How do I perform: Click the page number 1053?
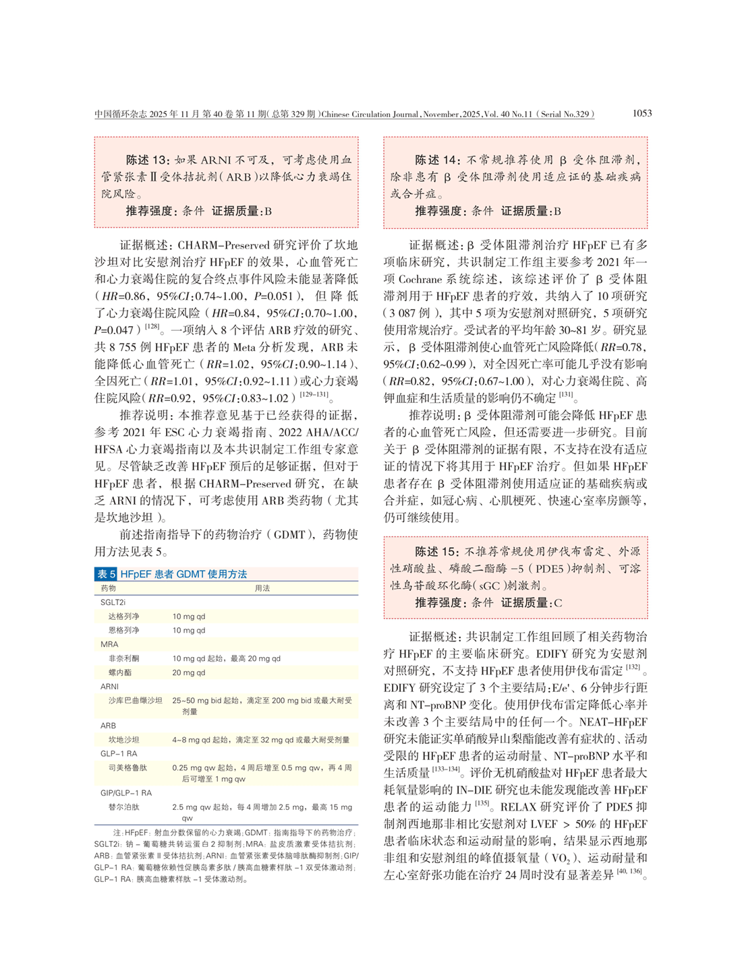pos(641,113)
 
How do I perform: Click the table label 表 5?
pos(106,574)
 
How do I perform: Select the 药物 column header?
pos(109,588)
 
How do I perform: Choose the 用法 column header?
pos(262,588)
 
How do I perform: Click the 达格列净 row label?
pos(124,617)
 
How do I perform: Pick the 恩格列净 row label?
pos(124,631)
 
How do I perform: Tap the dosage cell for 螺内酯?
pos(188,672)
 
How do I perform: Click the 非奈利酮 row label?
pos(124,658)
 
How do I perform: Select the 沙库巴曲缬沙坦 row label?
pos(136,701)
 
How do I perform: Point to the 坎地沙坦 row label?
pos(124,740)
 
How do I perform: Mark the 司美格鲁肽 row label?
pos(128,767)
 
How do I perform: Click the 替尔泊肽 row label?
pos(124,807)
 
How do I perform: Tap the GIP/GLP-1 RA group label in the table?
pos(126,793)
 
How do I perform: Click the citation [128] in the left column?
pos(153,327)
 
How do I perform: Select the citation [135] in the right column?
pos(482,803)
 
